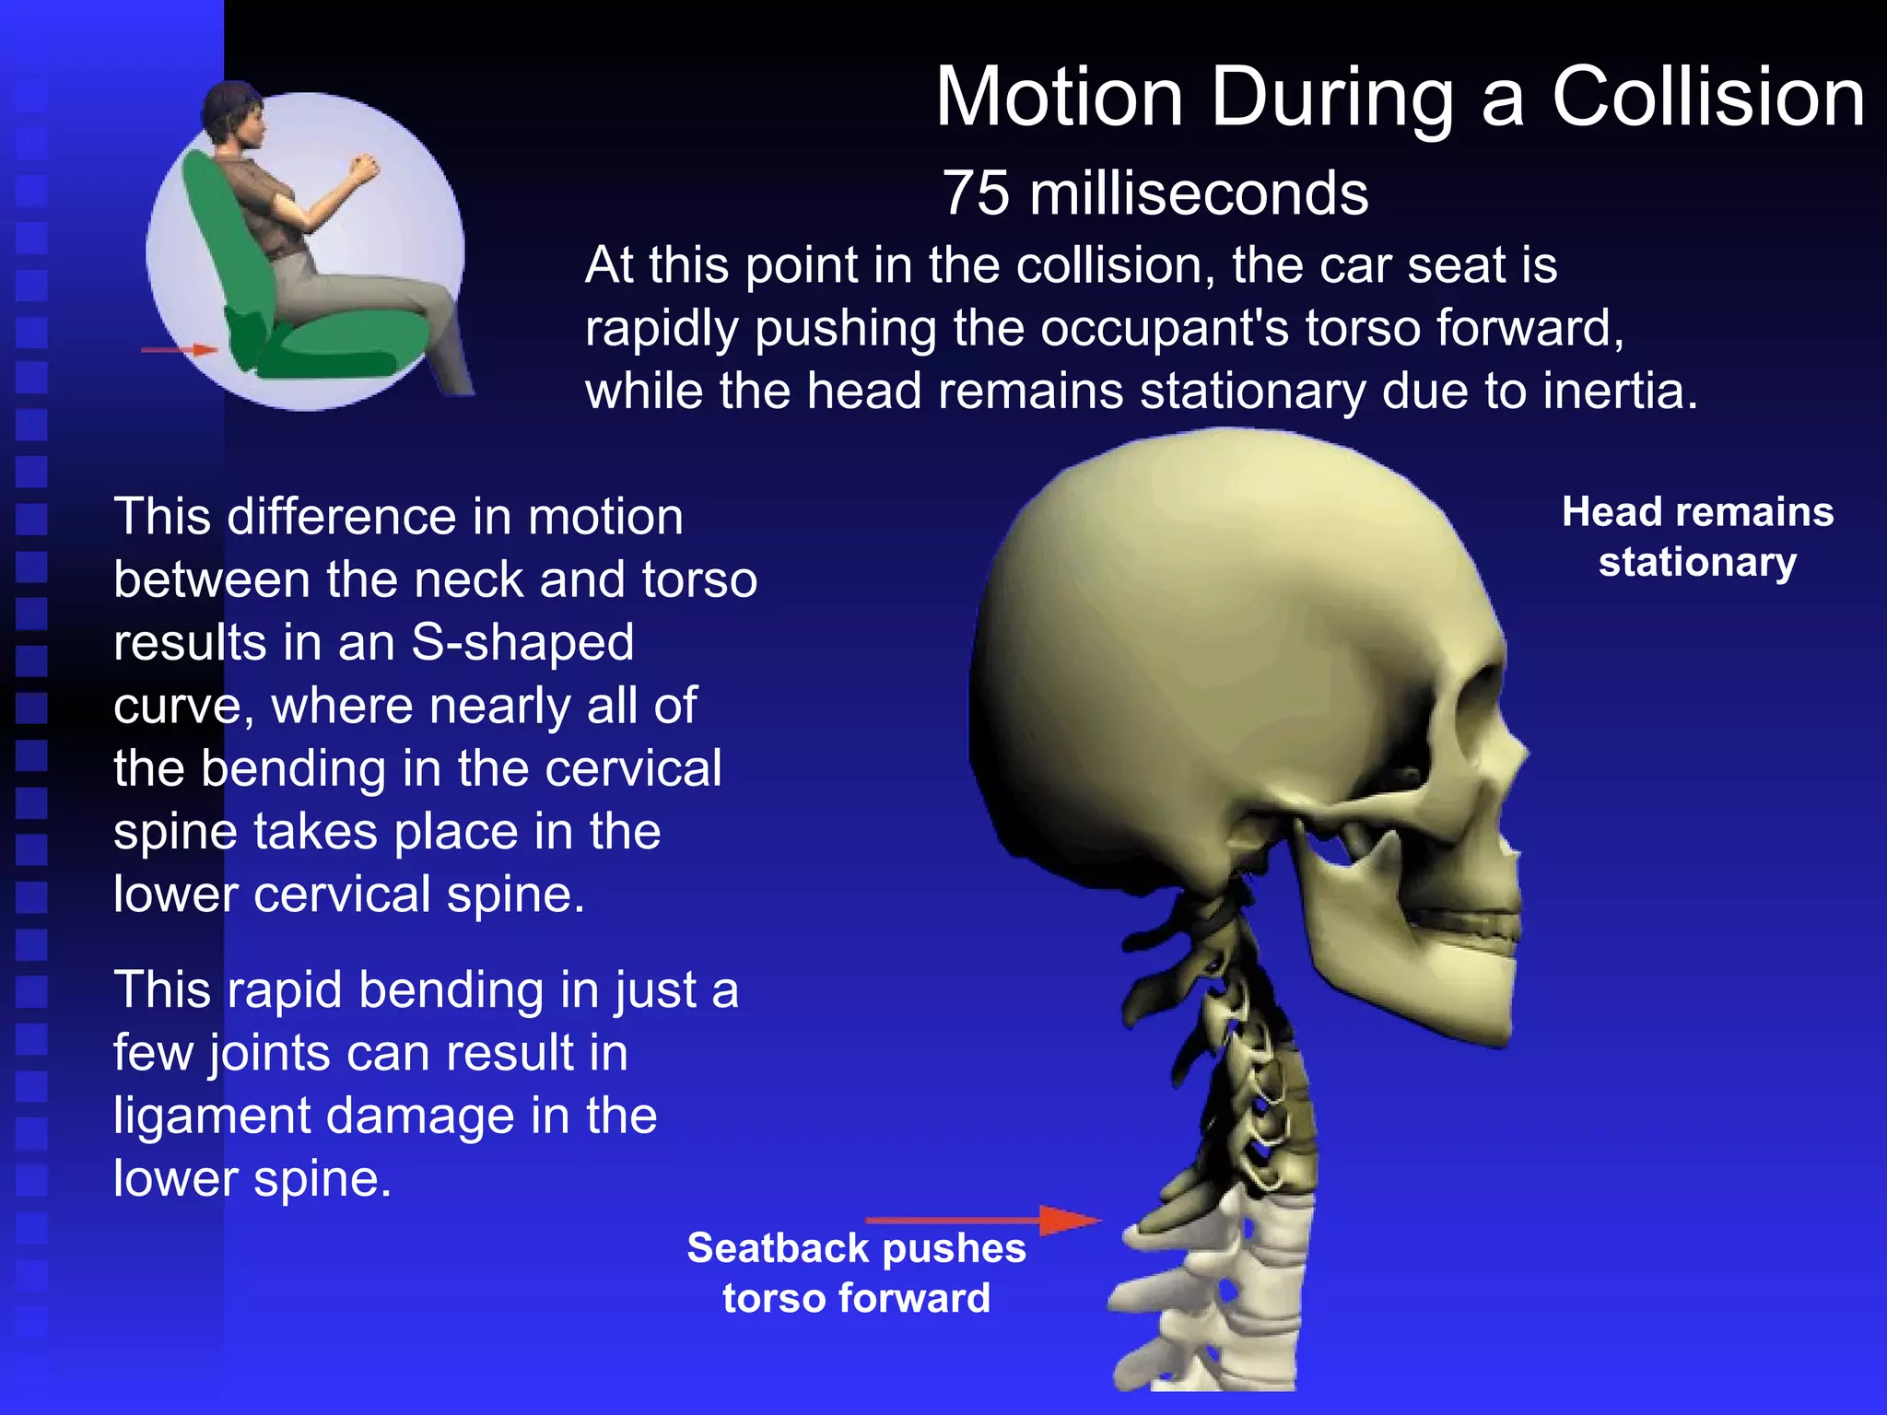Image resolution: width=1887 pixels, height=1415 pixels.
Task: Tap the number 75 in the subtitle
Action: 976,193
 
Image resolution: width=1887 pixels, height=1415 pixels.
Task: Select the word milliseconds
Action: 1199,193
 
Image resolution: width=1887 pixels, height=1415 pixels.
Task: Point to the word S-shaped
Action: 522,642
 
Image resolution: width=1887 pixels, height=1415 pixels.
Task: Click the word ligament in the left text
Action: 212,1117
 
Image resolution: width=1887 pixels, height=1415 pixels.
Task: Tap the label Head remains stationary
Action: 1697,537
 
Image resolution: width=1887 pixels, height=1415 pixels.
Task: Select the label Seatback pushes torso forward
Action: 856,1273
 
